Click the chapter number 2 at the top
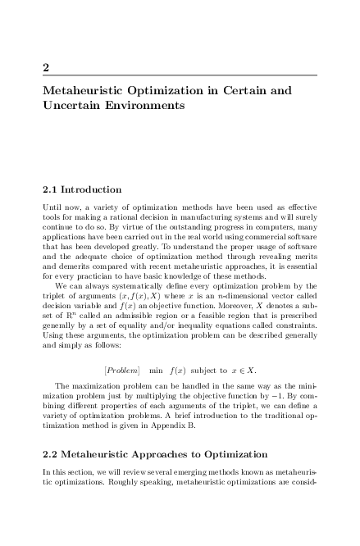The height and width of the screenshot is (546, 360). [x=46, y=66]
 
